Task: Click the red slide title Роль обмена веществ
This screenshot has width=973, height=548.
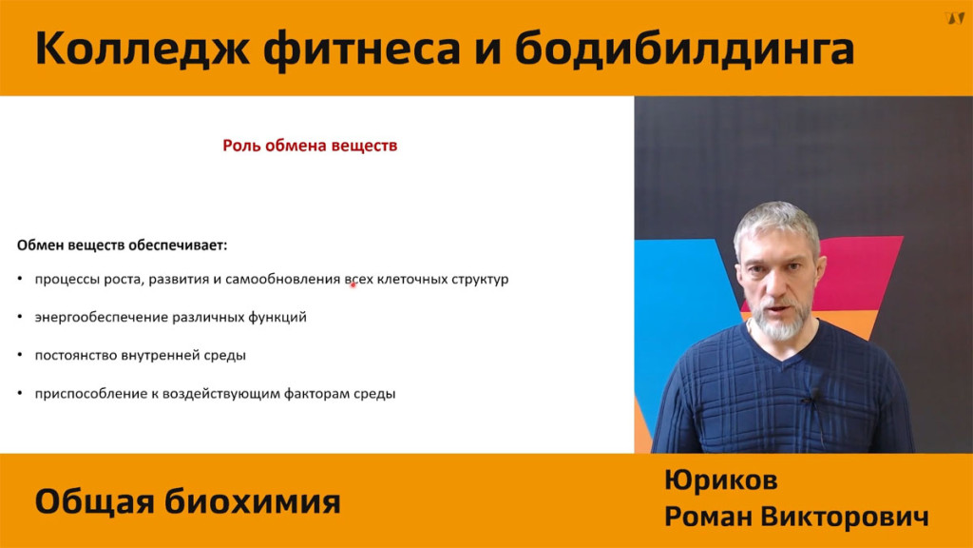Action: click(x=310, y=146)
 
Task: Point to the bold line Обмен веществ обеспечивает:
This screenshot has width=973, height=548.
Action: click(x=123, y=245)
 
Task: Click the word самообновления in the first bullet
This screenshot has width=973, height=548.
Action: click(x=283, y=279)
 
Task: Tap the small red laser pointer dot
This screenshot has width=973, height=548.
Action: click(x=353, y=285)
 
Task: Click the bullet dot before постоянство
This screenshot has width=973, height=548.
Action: click(x=21, y=356)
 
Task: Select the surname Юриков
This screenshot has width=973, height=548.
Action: click(x=721, y=480)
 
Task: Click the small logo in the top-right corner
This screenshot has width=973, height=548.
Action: click(x=954, y=18)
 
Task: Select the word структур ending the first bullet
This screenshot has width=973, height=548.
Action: click(x=480, y=279)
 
